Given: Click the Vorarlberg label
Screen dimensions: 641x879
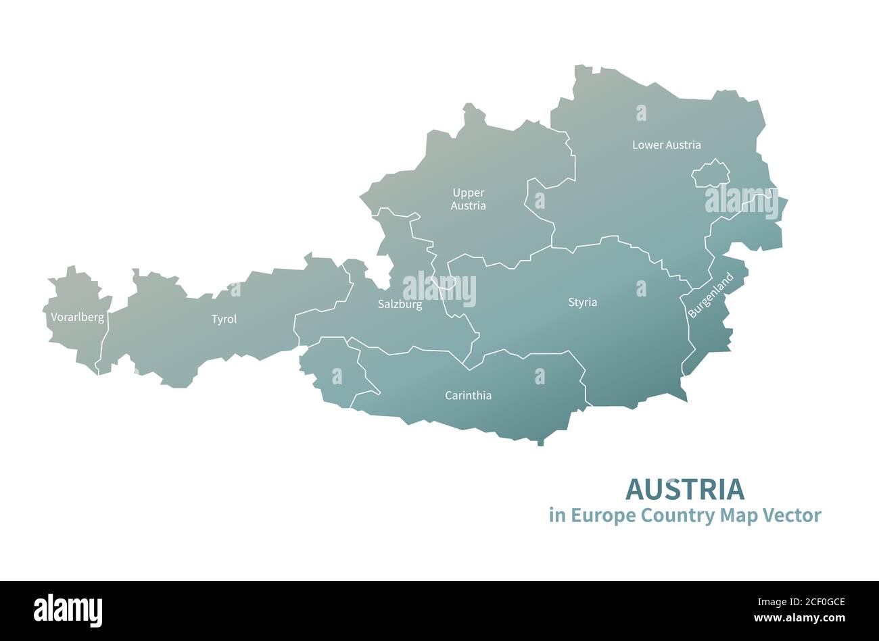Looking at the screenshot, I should (77, 317).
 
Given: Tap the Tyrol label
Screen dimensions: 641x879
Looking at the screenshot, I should (224, 319).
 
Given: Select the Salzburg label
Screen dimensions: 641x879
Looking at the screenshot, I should (400, 304).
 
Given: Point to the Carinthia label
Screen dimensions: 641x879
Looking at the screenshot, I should (468, 395).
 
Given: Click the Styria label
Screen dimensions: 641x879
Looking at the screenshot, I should (582, 302).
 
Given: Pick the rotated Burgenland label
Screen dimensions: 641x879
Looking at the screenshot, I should (711, 295).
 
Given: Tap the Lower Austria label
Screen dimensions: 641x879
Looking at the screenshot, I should (666, 145).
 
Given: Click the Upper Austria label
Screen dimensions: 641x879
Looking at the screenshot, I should (468, 199).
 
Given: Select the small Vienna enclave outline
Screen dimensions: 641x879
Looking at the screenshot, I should (710, 174).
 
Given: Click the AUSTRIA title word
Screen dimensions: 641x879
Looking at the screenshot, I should (684, 488).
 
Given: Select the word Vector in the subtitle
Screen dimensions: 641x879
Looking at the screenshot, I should (792, 515).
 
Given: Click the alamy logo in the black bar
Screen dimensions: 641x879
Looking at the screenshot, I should (68, 609).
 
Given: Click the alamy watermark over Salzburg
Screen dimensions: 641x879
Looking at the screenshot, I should (439, 289).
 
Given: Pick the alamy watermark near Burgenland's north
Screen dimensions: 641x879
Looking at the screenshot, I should (741, 201).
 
